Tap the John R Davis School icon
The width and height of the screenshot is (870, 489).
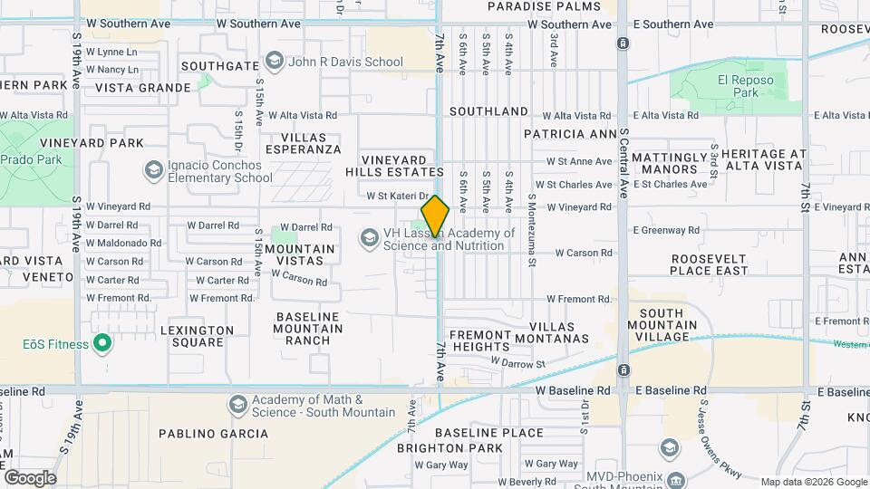(275, 62)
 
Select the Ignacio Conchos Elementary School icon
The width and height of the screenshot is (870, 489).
(153, 170)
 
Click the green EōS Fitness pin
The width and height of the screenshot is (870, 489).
(102, 344)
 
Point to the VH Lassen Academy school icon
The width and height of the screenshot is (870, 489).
(369, 238)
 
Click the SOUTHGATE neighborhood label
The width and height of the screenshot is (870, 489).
(220, 66)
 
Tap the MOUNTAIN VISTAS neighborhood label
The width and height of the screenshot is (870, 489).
(299, 254)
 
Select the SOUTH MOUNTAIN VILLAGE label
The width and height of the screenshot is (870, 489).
(668, 325)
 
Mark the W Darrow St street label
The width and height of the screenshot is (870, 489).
(517, 362)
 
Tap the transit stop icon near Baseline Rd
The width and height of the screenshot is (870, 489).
(623, 370)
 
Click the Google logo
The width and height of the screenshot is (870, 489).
(30, 478)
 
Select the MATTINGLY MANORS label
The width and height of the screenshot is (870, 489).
(669, 163)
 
